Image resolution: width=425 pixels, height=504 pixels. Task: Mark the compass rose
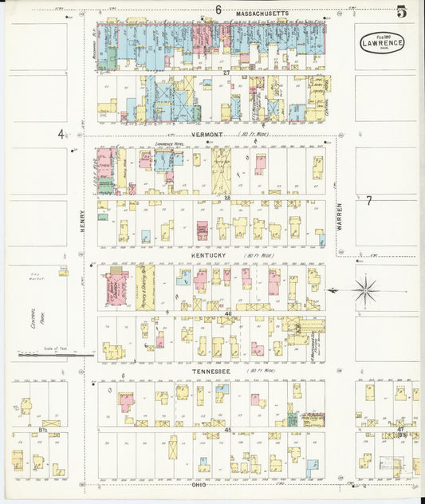[365, 289]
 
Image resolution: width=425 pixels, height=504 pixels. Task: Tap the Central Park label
[33, 320]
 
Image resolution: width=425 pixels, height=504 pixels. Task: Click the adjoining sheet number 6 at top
[217, 10]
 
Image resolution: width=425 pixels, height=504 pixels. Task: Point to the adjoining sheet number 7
[368, 201]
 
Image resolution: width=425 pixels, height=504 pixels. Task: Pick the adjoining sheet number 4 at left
[60, 134]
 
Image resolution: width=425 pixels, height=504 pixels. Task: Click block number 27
[226, 73]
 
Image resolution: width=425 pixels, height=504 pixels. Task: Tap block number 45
[227, 430]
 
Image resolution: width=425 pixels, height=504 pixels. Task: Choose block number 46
[227, 315]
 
